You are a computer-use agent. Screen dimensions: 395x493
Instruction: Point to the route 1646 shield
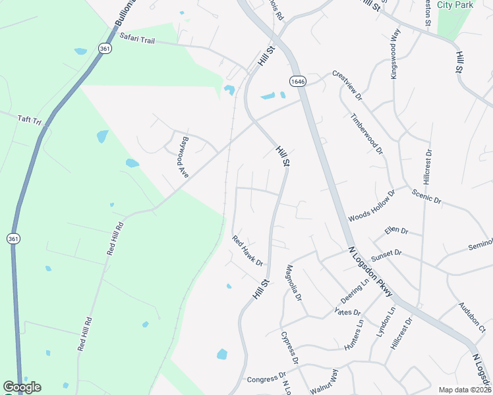click(x=297, y=80)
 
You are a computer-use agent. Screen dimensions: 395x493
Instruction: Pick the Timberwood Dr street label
click(x=367, y=132)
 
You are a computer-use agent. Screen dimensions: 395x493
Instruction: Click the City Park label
click(x=455, y=5)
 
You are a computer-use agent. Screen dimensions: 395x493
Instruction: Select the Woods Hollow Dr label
click(x=371, y=207)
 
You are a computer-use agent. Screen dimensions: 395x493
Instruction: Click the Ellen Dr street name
click(x=397, y=232)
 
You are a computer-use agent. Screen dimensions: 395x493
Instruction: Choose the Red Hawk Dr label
click(x=247, y=251)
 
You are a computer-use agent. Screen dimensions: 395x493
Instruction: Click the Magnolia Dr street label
click(x=293, y=283)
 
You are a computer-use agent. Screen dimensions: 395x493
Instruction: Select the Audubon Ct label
click(x=471, y=319)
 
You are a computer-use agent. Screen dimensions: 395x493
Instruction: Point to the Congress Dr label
click(x=264, y=379)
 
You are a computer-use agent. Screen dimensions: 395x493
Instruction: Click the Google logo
click(x=22, y=387)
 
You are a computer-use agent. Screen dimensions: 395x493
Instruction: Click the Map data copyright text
click(x=465, y=390)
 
